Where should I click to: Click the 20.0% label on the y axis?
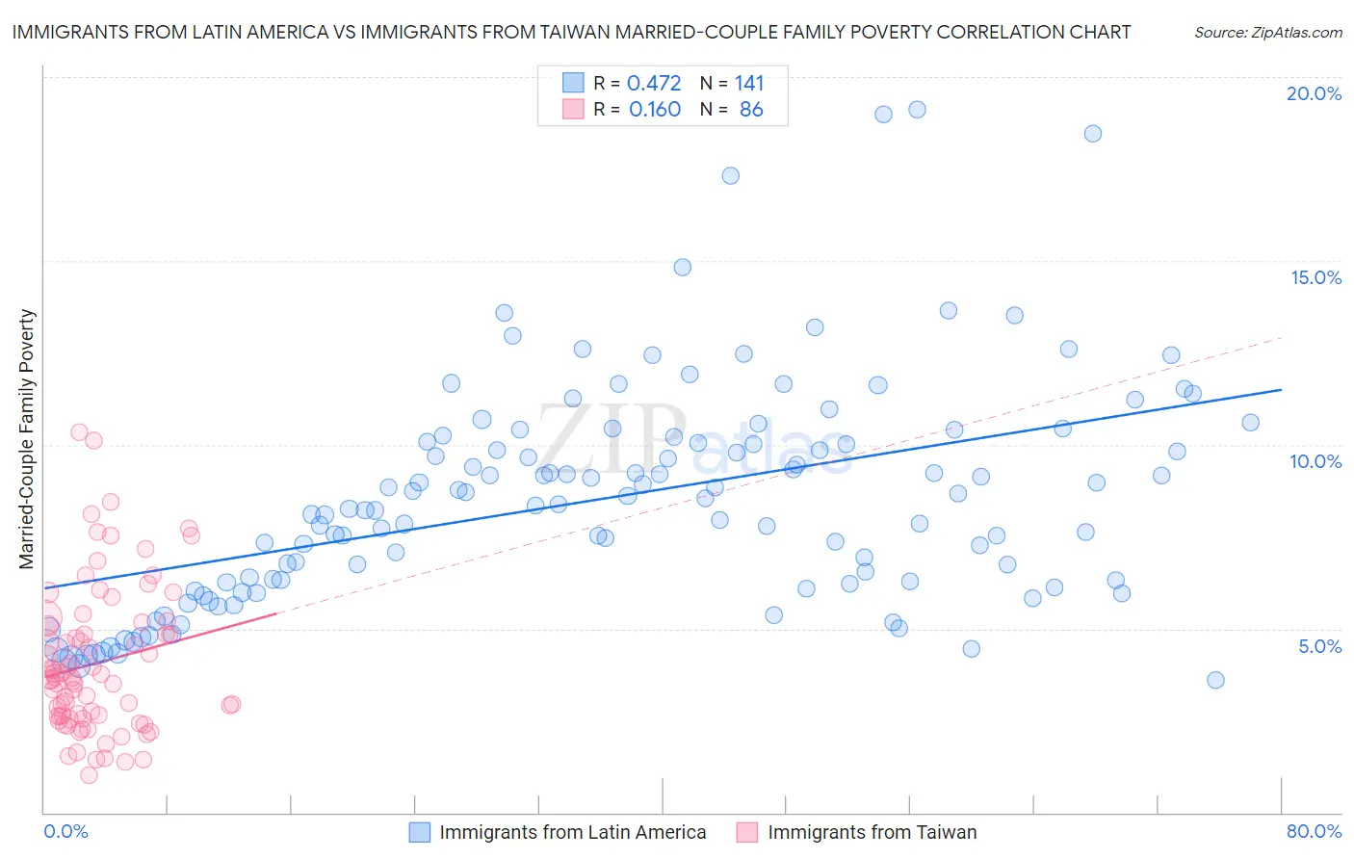(x=1314, y=93)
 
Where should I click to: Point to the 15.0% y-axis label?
(x=1315, y=277)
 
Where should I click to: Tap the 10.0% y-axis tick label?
(x=1315, y=461)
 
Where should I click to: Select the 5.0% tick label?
(x=1319, y=646)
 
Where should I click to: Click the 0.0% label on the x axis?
(x=65, y=831)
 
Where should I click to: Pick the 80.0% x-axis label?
(x=1314, y=831)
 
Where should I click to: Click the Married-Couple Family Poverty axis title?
(x=27, y=439)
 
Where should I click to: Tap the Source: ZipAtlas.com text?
(x=1267, y=32)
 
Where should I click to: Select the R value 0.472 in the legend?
(x=654, y=84)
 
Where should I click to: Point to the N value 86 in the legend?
(x=751, y=110)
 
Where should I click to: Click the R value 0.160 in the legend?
(x=654, y=110)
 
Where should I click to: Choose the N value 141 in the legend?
(x=749, y=84)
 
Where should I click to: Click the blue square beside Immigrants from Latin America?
(x=420, y=832)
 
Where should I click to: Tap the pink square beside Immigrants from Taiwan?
(x=747, y=832)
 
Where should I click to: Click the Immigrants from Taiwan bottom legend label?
(x=872, y=832)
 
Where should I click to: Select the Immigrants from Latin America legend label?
(x=572, y=832)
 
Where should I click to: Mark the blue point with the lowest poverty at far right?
(x=1215, y=680)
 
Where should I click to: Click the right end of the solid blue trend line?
(x=1281, y=389)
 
